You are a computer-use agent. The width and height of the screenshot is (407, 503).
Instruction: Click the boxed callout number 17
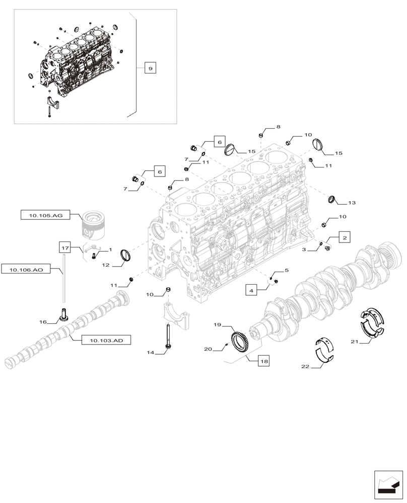click(64, 247)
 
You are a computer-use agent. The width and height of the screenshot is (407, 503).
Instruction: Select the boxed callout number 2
click(345, 237)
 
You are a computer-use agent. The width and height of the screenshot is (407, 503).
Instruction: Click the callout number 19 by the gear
click(218, 325)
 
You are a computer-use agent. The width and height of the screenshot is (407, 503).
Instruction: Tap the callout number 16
click(43, 321)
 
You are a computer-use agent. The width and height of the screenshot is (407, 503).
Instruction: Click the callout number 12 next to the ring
click(106, 264)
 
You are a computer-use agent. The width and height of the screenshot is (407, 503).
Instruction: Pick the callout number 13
click(351, 203)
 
